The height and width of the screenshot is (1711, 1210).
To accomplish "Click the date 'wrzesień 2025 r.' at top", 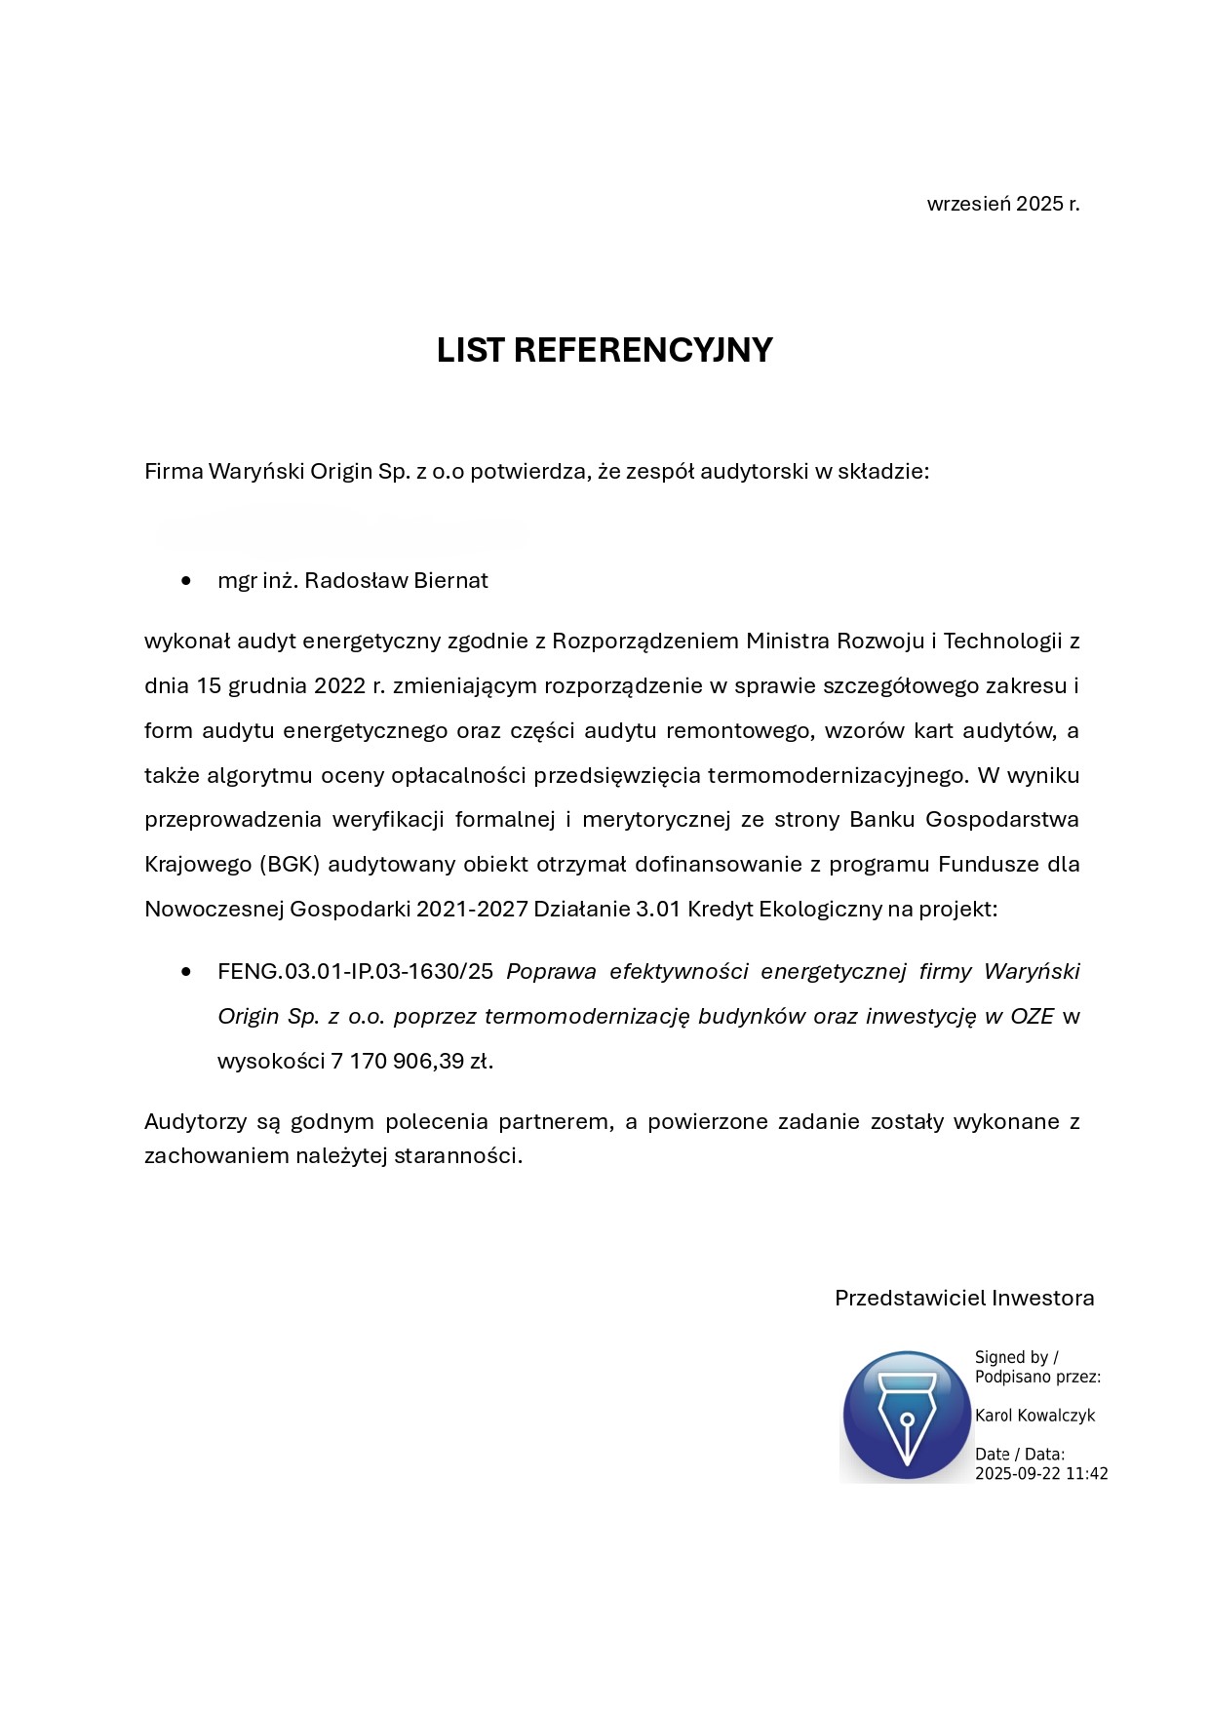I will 1002,205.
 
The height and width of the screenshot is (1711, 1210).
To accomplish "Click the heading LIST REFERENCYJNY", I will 604,350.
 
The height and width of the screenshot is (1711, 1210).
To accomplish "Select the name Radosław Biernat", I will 396,581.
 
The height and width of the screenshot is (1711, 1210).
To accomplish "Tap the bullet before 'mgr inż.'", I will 186,581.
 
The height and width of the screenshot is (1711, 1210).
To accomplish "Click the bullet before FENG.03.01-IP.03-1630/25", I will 186,972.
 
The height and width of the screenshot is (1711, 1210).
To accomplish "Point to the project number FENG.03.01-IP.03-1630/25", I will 356,972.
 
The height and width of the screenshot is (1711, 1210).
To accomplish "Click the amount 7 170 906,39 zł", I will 410,1062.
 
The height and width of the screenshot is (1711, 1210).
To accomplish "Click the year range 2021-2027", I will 472,910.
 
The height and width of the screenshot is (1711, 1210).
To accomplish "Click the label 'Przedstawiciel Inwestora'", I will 964,1299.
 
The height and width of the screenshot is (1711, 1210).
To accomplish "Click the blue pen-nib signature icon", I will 907,1415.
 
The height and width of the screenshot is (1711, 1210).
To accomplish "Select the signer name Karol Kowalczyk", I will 1034,1416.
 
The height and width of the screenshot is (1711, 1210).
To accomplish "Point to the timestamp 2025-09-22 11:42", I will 1041,1474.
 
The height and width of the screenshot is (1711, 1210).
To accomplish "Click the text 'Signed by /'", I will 1016,1357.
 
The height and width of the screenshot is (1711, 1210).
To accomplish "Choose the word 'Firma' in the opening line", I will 174,472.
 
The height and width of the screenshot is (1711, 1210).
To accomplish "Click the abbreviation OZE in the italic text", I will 1032,1017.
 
